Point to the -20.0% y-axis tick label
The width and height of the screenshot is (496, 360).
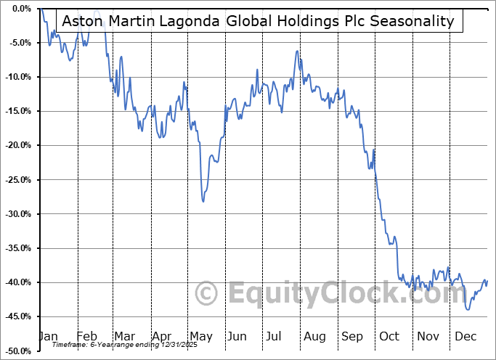click(16, 145)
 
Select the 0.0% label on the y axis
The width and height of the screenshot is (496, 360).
click(20, 9)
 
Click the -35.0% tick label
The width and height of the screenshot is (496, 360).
click(16, 248)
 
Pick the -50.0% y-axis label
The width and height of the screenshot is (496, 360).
click(16, 351)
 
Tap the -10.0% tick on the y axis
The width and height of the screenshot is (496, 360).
click(16, 77)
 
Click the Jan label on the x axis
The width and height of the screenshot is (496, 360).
click(47, 336)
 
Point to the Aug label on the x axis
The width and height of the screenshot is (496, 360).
click(314, 336)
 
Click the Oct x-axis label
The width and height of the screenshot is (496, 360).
click(390, 336)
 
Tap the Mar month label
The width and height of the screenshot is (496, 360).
click(123, 336)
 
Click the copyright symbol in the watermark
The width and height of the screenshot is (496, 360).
click(207, 293)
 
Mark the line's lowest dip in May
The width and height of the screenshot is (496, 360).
click(203, 201)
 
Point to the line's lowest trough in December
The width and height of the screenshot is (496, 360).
click(468, 309)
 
